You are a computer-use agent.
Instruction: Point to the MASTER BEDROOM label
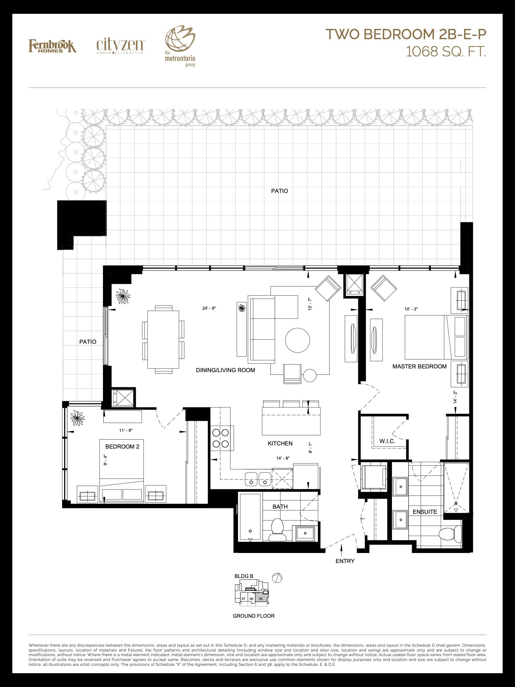[x=419, y=366]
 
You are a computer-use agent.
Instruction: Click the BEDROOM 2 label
[x=122, y=447]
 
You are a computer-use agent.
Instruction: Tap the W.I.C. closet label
[x=387, y=441]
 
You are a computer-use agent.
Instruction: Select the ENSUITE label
[x=425, y=512]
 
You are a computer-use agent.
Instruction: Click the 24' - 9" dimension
[x=209, y=308]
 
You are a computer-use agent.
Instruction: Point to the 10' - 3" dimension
[x=411, y=309]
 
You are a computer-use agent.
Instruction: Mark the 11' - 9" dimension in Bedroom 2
[x=126, y=431]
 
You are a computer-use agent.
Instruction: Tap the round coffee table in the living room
[x=297, y=340]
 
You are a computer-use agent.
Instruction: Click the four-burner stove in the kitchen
[x=220, y=438]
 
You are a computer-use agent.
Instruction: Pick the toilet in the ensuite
[x=450, y=534]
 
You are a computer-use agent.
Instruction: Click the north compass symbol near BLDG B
[x=277, y=578]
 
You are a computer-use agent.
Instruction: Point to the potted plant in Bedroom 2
[x=77, y=418]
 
